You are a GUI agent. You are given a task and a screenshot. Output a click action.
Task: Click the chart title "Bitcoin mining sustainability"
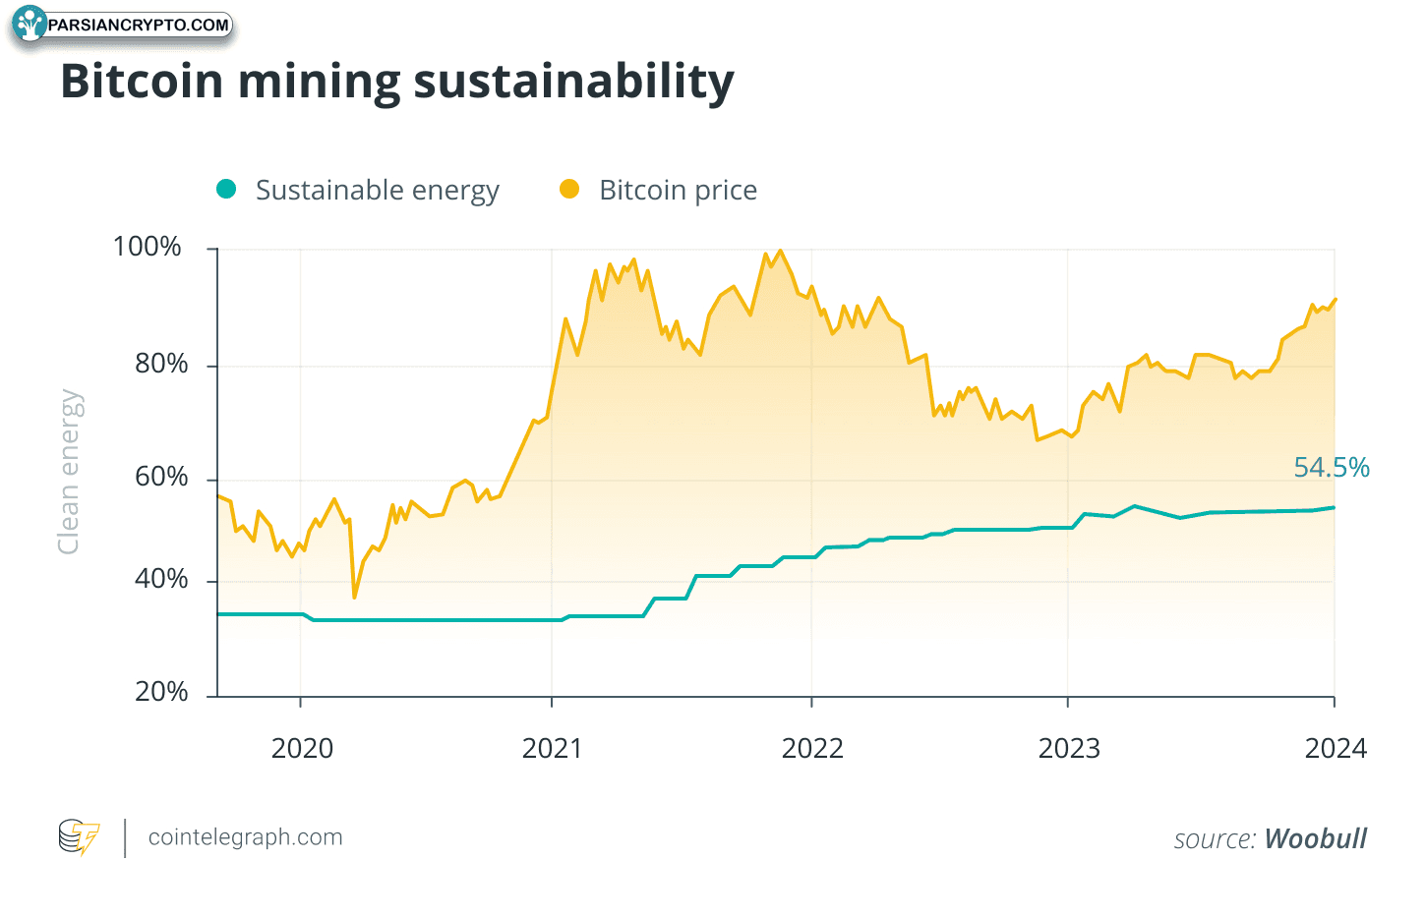(x=396, y=82)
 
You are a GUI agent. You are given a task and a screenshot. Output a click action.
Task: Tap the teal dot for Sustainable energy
(x=226, y=190)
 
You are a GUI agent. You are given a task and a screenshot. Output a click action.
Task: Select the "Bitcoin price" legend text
(x=678, y=190)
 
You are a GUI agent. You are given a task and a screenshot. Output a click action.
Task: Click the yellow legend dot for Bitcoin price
(x=569, y=190)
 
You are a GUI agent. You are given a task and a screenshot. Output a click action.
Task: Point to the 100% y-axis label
(x=148, y=247)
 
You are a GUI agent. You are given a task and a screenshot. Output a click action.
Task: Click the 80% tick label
(x=160, y=364)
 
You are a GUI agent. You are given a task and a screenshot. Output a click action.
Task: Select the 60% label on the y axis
(x=160, y=478)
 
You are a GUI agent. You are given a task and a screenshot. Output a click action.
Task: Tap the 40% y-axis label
(x=160, y=579)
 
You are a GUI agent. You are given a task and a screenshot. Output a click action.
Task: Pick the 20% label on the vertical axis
(x=160, y=692)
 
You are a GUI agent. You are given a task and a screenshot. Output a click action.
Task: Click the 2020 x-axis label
(x=302, y=749)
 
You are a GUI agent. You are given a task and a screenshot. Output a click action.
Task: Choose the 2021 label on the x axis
(x=552, y=749)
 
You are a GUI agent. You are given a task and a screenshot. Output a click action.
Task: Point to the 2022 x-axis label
(x=812, y=749)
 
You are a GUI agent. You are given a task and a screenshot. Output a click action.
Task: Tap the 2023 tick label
(x=1069, y=749)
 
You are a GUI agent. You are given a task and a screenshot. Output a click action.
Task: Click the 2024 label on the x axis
(x=1336, y=749)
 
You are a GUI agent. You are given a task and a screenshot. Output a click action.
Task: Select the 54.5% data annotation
(x=1331, y=468)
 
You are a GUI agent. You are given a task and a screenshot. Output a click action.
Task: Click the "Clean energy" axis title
(x=69, y=472)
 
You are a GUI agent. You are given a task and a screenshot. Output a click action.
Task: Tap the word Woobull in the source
(x=1315, y=839)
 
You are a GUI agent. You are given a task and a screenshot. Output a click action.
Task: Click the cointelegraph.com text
(x=245, y=837)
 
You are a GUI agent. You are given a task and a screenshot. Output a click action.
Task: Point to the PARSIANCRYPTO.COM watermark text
(x=138, y=25)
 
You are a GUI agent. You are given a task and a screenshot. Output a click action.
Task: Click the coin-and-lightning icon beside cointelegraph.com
(x=79, y=837)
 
